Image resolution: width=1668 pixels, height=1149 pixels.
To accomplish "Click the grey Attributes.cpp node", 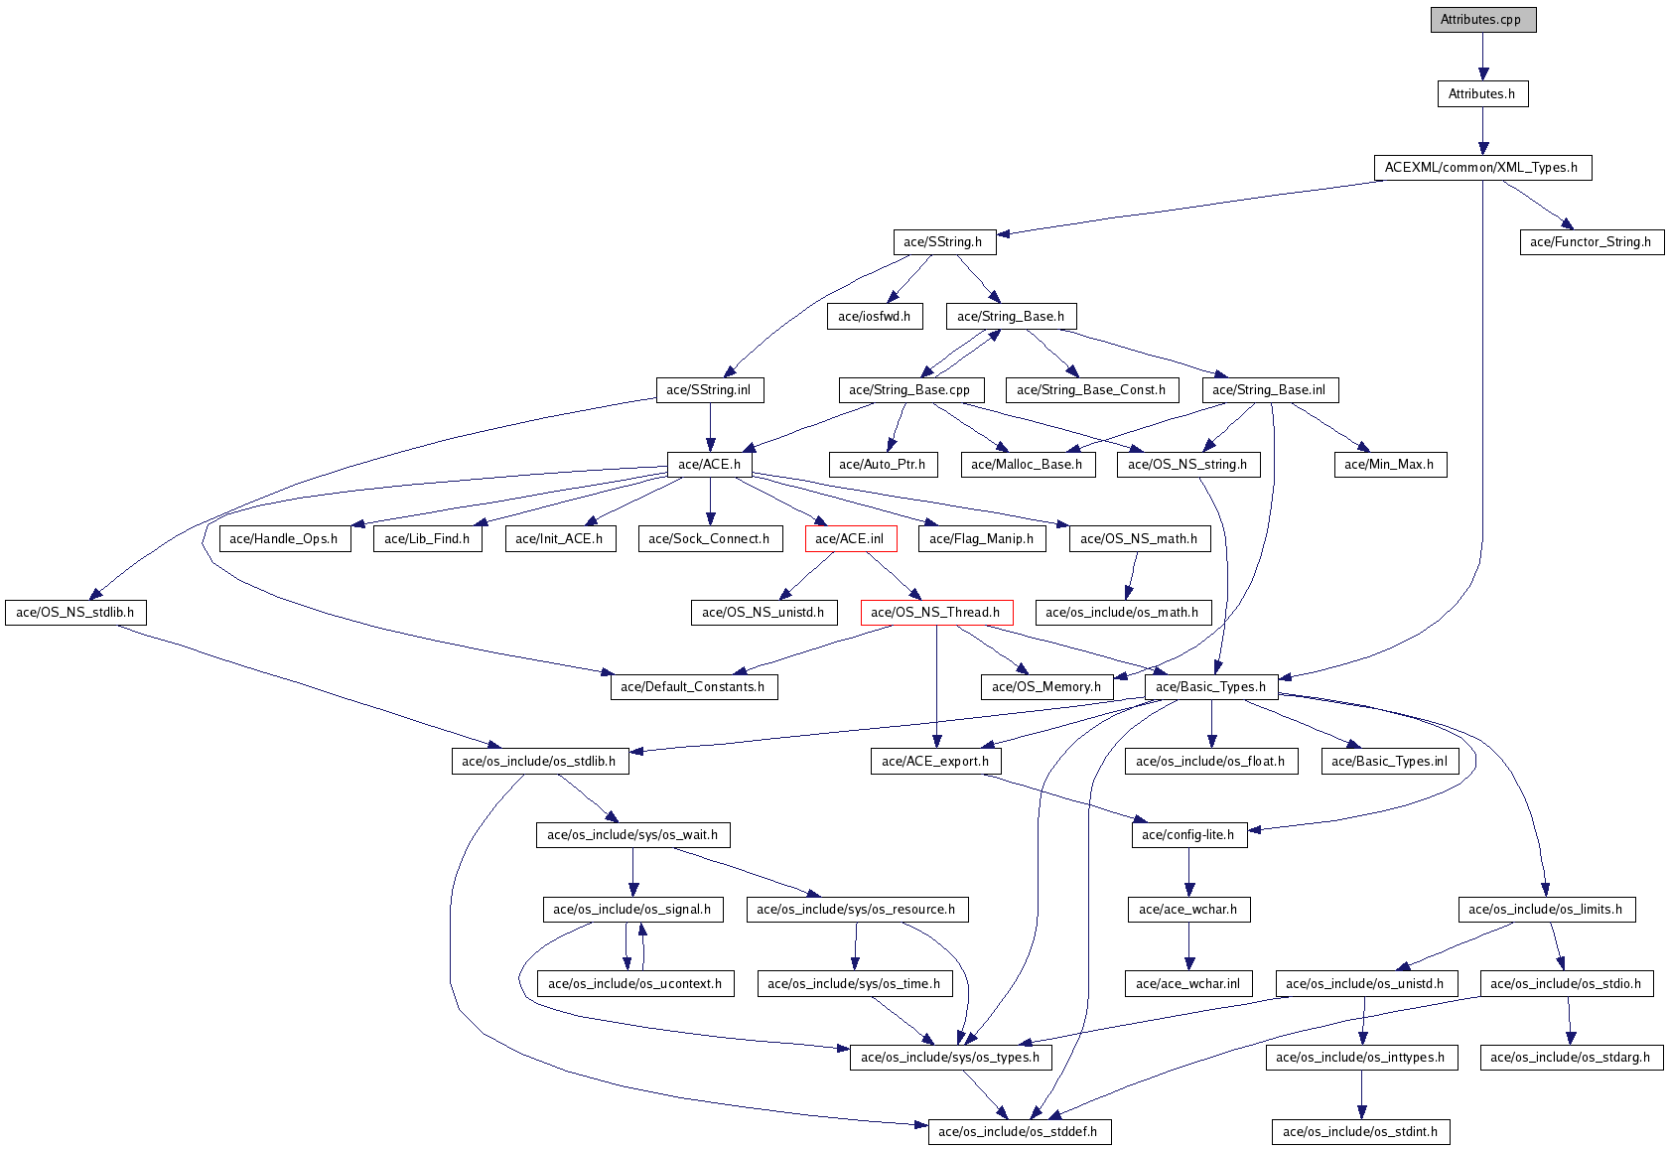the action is pos(1482,19).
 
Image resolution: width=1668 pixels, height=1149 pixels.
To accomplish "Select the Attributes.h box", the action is pos(1482,93).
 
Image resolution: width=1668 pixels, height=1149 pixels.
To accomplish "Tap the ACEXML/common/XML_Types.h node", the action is pos(1482,168).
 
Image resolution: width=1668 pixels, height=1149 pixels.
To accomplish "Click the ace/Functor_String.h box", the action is pos(1593,242).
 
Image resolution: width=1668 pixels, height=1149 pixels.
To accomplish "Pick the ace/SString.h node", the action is pos(944,242).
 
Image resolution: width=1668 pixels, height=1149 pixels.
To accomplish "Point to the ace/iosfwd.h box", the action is pos(875,317).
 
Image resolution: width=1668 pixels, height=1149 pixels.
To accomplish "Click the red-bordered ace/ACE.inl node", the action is pos(850,538).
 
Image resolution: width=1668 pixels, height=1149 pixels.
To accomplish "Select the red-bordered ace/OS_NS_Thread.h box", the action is pos(937,612).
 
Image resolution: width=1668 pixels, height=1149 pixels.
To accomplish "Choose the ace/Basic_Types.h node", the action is pos(1211,686).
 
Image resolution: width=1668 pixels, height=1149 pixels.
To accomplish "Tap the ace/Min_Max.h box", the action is pos(1390,465).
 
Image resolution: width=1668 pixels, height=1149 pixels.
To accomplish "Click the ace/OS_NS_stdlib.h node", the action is pos(75,612).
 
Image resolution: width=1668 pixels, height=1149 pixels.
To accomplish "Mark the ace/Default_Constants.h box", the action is pos(694,686).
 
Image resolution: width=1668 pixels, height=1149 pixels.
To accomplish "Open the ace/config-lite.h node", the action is pos(1189,835).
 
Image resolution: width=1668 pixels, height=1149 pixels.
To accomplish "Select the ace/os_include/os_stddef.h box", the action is pos(1020,1132).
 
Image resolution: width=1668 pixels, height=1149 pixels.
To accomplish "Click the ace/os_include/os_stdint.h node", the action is pos(1360,1132).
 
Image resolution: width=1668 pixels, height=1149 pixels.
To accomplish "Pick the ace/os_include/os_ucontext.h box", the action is pos(635,984).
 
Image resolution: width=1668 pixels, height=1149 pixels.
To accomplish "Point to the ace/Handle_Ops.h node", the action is pos(284,538).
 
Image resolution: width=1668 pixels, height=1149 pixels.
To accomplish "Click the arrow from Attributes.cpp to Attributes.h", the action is pos(1482,57).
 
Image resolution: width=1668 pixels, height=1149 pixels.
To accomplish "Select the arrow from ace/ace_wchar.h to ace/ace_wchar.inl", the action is pos(1189,946).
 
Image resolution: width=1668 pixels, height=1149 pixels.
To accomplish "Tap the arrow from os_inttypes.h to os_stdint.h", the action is pos(1361,1094).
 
